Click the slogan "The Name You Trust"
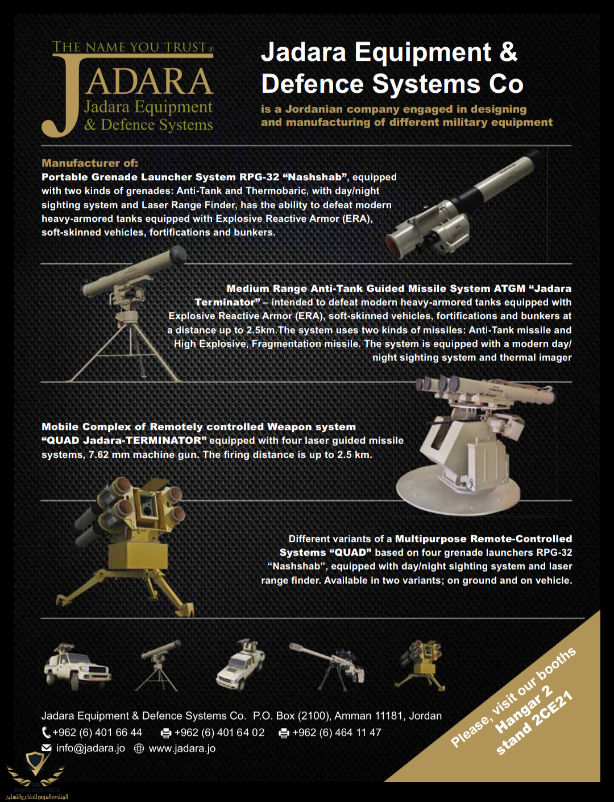point(133,47)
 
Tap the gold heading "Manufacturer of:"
point(90,163)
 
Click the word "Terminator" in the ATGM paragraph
point(227,302)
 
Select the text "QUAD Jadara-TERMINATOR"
point(124,440)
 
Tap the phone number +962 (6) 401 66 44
point(97,732)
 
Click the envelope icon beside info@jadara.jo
point(47,748)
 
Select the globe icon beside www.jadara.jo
point(139,748)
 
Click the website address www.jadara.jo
point(182,748)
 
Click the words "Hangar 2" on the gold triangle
point(524,710)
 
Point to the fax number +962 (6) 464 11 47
point(337,732)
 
